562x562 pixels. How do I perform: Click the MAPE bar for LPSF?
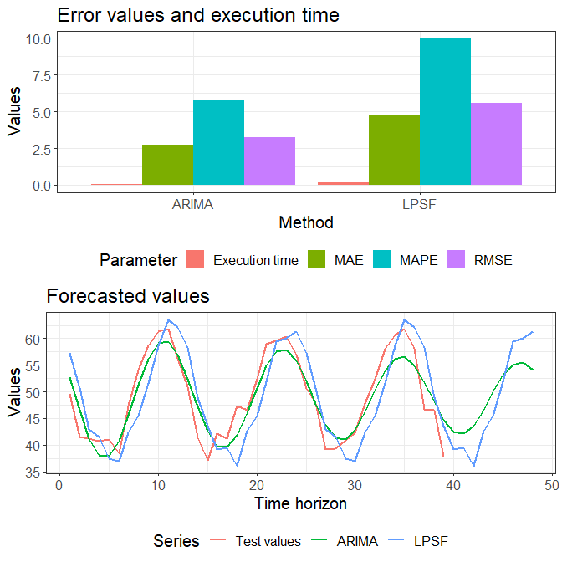pyautogui.click(x=445, y=111)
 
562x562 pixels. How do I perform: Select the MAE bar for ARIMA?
pyautogui.click(x=168, y=165)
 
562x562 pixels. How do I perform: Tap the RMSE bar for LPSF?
pyautogui.click(x=497, y=144)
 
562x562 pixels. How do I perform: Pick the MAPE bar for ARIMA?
pyautogui.click(x=218, y=143)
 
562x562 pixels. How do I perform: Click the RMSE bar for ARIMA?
pyautogui.click(x=270, y=161)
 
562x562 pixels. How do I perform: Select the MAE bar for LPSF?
pyautogui.click(x=394, y=150)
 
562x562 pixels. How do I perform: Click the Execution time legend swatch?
pyautogui.click(x=196, y=259)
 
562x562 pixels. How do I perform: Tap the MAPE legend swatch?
pyautogui.click(x=381, y=259)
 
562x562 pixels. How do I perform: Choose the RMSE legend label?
pyautogui.click(x=493, y=260)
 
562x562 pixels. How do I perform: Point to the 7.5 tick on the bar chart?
pyautogui.click(x=43, y=76)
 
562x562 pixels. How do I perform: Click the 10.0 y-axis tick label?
pyautogui.click(x=38, y=39)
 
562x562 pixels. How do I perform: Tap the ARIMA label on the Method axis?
pyautogui.click(x=193, y=205)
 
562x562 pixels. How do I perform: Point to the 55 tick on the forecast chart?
pyautogui.click(x=33, y=365)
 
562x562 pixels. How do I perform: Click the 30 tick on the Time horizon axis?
pyautogui.click(x=355, y=486)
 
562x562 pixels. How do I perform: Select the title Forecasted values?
pyautogui.click(x=128, y=296)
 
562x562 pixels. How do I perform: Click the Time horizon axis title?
pyautogui.click(x=301, y=503)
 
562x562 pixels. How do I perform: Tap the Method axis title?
pyautogui.click(x=306, y=222)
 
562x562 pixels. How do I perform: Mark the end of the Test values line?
pyautogui.click(x=443, y=457)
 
